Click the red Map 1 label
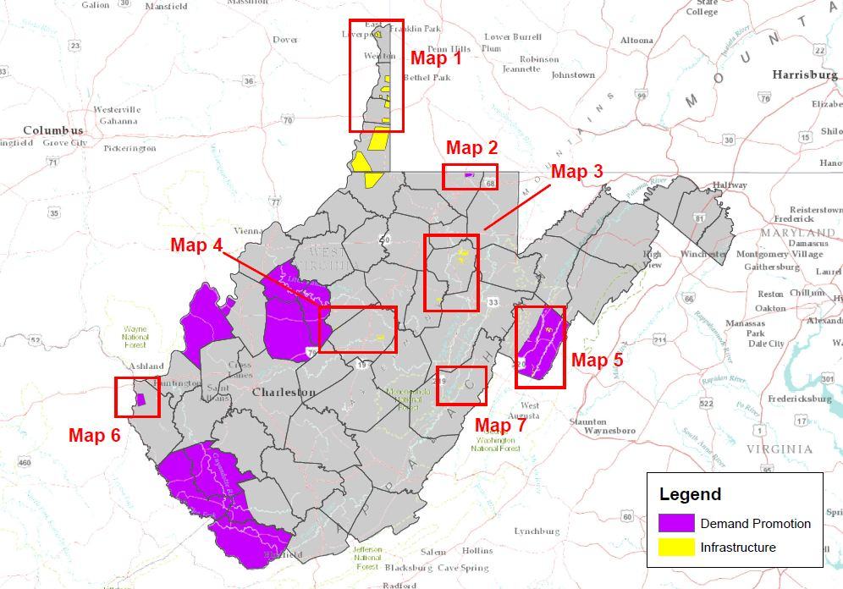click(x=436, y=58)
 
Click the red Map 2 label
click(x=471, y=148)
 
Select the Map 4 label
click(x=196, y=245)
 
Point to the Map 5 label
click(x=597, y=360)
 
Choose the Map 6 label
click(x=94, y=436)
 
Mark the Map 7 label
click(x=499, y=425)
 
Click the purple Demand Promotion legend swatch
click(x=676, y=523)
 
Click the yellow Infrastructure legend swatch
click(x=676, y=548)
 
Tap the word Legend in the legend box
click(x=690, y=495)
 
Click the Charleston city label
click(x=284, y=393)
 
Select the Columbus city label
click(x=52, y=130)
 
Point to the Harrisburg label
click(x=804, y=75)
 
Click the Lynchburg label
click(x=537, y=531)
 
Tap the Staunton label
click(x=587, y=421)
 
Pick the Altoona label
click(x=636, y=41)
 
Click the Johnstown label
click(x=573, y=75)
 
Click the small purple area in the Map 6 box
click(x=140, y=399)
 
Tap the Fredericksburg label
click(x=802, y=398)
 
